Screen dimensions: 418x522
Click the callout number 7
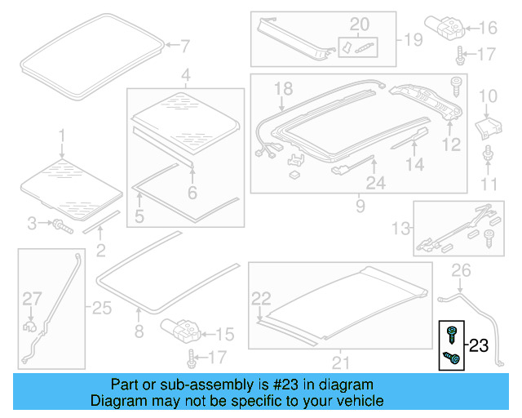tap(185, 45)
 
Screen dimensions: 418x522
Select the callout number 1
tap(61, 133)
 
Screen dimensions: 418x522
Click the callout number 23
tap(478, 345)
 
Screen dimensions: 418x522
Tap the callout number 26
tap(462, 269)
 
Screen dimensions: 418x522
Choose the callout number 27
tap(31, 298)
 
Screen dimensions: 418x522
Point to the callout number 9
tap(360, 207)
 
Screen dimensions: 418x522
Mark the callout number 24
tap(375, 184)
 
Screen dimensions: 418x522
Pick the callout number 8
tap(138, 331)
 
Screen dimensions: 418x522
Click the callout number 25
tap(101, 308)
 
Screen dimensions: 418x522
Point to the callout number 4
tap(186, 77)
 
